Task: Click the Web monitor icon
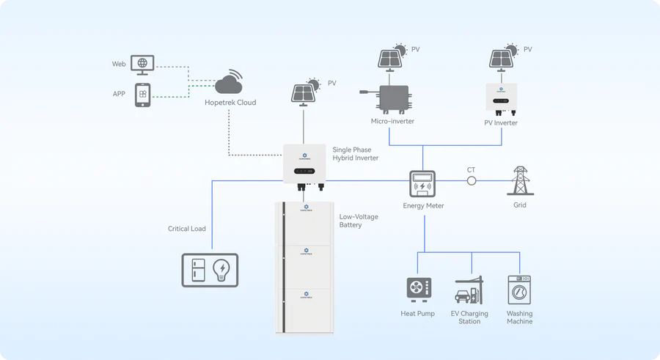(x=142, y=65)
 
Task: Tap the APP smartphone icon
(x=142, y=95)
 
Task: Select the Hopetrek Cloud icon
(x=230, y=82)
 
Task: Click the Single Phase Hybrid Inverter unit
(x=304, y=164)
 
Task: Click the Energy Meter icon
(x=422, y=185)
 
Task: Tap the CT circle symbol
(x=472, y=180)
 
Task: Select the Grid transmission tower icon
(x=520, y=180)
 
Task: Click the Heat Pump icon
(x=419, y=288)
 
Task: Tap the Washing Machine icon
(x=519, y=290)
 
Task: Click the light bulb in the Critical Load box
(x=222, y=270)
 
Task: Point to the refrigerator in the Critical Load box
(x=198, y=270)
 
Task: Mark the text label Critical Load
(x=187, y=229)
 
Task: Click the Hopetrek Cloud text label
(x=230, y=103)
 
